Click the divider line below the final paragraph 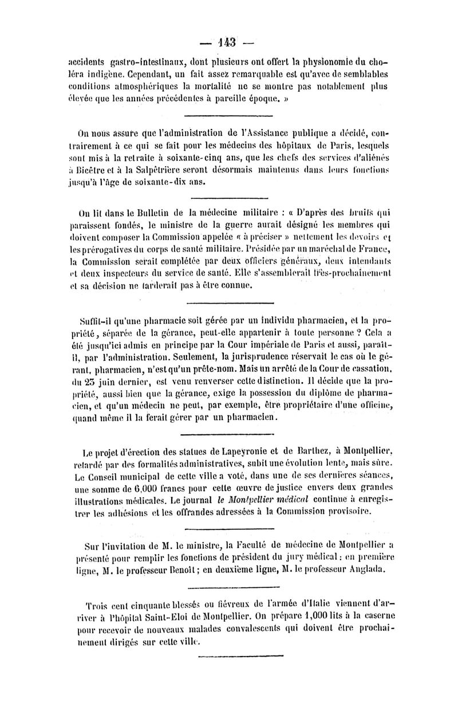[241, 655]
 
